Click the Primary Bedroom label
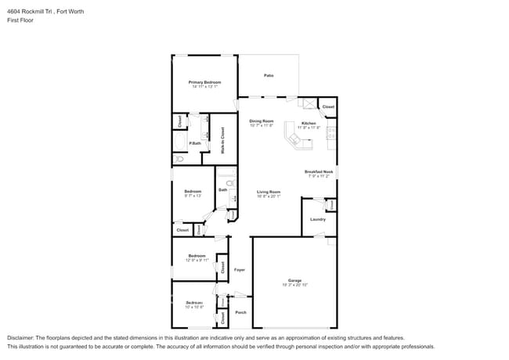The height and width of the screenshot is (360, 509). (204, 82)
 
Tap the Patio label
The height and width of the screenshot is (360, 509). (268, 75)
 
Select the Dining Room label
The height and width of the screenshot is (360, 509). (261, 121)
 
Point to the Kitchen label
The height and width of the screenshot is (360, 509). (309, 124)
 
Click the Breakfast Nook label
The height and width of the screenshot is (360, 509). (319, 172)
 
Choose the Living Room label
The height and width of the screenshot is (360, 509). (269, 192)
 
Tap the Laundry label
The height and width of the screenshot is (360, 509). (317, 219)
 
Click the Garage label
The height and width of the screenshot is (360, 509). (294, 279)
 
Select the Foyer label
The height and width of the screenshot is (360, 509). (240, 270)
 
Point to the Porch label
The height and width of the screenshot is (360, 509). (240, 312)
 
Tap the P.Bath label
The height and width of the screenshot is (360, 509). (195, 143)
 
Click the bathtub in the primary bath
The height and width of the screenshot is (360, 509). (180, 142)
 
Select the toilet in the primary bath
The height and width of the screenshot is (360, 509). (179, 159)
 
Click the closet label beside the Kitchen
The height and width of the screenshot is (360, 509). (328, 106)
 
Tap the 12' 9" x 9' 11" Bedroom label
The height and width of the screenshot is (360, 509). (197, 256)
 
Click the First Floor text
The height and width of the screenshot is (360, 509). (21, 21)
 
